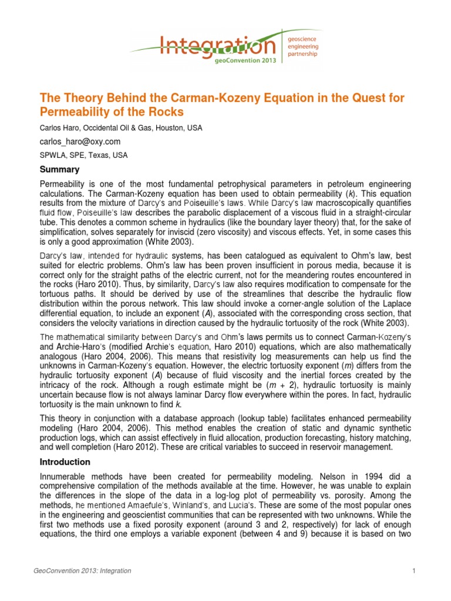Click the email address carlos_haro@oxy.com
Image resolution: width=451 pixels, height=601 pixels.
(x=80, y=141)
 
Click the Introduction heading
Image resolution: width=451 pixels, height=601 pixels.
(x=65, y=461)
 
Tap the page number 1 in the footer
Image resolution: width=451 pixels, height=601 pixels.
(x=414, y=570)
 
